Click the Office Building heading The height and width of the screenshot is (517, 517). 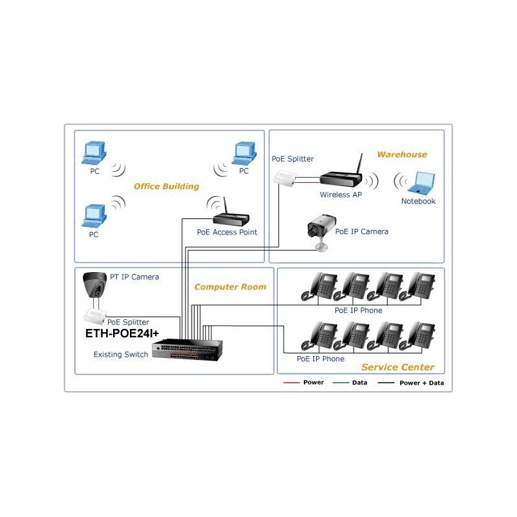(x=166, y=186)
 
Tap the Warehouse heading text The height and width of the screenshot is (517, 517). (x=402, y=154)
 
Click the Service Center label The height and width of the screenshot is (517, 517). (x=397, y=367)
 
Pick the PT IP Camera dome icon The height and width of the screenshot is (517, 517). (x=96, y=284)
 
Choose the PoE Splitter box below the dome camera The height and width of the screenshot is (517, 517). (x=95, y=317)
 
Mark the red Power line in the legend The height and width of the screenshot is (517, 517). (x=292, y=383)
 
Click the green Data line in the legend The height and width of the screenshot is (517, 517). (x=341, y=383)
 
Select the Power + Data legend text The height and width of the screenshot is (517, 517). (x=421, y=383)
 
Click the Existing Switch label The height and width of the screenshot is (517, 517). (x=121, y=354)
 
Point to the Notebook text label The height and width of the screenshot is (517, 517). (x=418, y=201)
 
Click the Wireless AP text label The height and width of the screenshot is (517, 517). (x=341, y=195)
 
